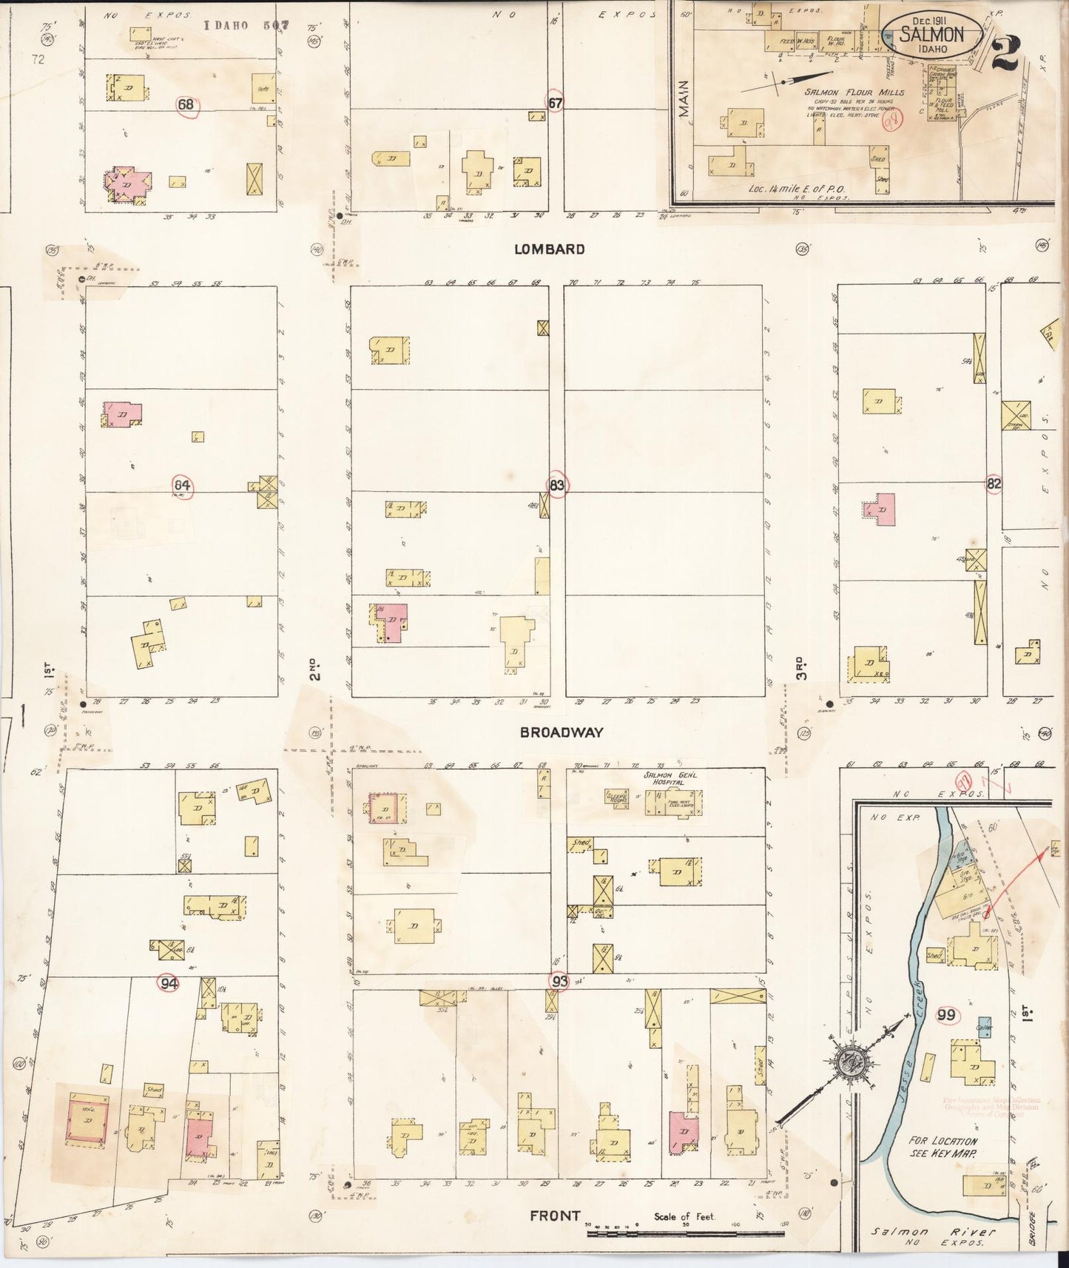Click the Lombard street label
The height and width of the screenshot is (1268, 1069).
549,249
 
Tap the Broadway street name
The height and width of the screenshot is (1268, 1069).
561,732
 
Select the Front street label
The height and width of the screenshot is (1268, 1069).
555,1215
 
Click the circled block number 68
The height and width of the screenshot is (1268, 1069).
186,104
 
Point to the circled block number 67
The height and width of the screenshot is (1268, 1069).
556,103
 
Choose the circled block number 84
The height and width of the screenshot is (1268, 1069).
181,485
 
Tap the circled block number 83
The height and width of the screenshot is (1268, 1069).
558,485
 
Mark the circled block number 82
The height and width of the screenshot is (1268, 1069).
994,485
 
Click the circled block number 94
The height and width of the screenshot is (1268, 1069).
169,983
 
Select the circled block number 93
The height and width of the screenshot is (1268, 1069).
559,981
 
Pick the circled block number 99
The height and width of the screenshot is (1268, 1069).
946,1014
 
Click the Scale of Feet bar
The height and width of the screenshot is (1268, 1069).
684,1233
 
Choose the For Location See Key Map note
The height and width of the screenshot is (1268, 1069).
943,1167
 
